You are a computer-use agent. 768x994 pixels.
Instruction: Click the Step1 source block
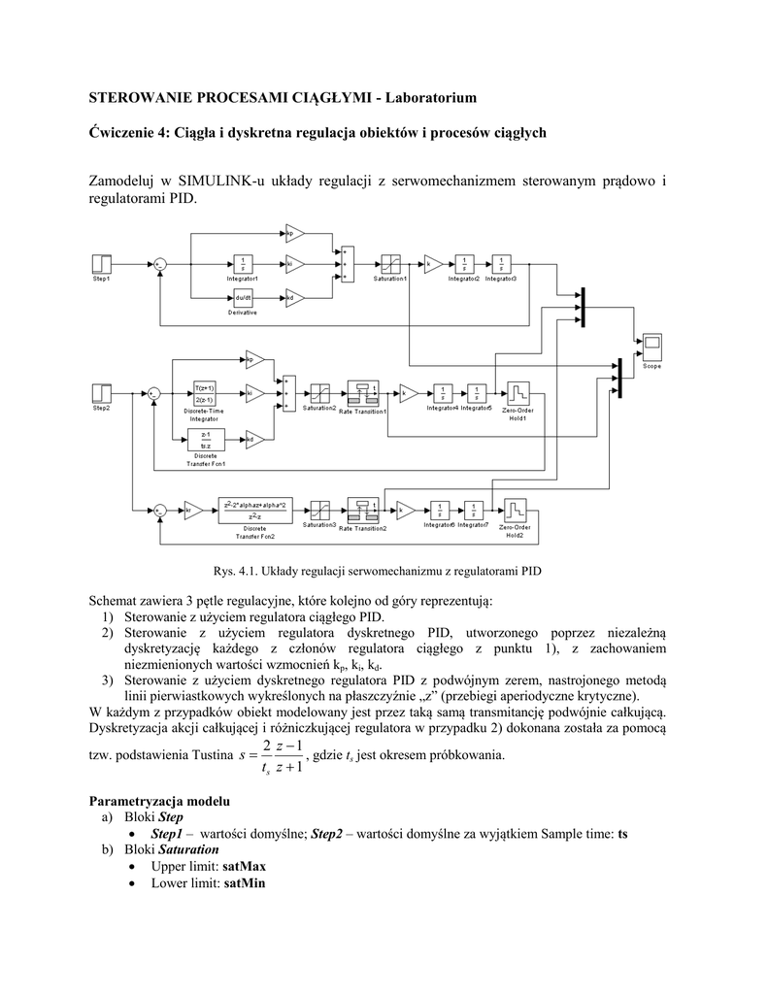(x=101, y=263)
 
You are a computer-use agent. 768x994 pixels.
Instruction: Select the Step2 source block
(x=101, y=392)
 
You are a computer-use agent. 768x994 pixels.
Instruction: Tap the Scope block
(x=651, y=345)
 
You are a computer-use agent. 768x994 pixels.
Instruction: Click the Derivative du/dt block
(x=242, y=297)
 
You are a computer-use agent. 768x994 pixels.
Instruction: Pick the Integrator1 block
(x=242, y=263)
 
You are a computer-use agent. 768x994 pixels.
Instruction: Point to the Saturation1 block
(x=390, y=263)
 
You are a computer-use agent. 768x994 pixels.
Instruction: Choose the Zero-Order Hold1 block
(x=518, y=392)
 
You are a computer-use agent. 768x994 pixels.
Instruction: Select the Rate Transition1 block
(x=368, y=392)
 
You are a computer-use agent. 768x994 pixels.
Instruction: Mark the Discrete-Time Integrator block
(x=205, y=392)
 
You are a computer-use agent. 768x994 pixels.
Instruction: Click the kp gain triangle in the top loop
(x=294, y=233)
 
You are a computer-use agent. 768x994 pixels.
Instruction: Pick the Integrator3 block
(x=500, y=263)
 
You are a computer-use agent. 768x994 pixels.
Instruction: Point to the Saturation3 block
(x=319, y=509)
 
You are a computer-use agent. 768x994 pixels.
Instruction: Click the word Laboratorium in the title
(x=430, y=98)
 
